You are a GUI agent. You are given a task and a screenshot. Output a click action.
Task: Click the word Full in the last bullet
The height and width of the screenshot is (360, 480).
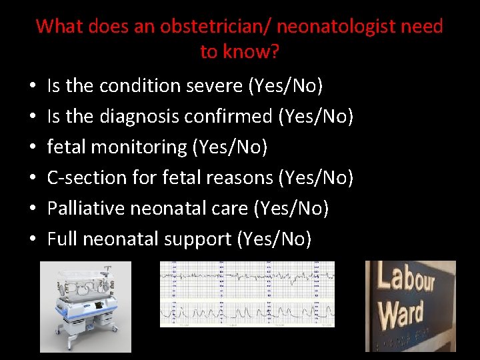click(61, 239)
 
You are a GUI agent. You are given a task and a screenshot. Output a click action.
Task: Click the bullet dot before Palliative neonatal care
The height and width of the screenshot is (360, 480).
click(33, 209)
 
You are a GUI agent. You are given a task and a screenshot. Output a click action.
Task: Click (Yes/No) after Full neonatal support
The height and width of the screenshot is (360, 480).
click(274, 239)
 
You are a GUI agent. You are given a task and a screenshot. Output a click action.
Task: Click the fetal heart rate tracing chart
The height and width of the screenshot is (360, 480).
click(247, 294)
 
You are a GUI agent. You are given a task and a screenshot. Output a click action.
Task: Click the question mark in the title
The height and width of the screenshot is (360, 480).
click(275, 52)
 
